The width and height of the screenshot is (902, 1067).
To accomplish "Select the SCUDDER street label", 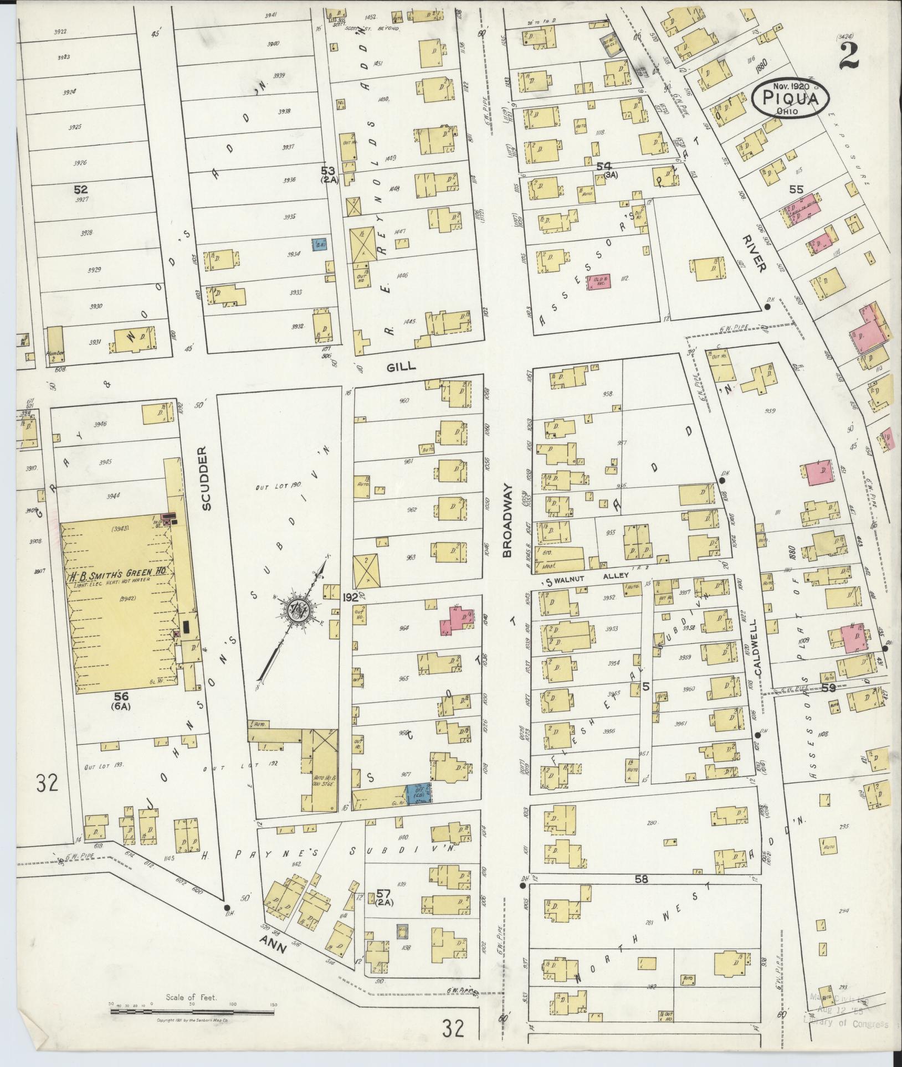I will tap(206, 478).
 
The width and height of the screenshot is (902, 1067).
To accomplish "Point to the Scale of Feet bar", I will tap(192, 1011).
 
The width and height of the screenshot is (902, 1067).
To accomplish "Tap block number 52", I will tap(81, 189).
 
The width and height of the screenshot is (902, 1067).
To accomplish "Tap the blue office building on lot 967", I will tap(419, 793).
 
